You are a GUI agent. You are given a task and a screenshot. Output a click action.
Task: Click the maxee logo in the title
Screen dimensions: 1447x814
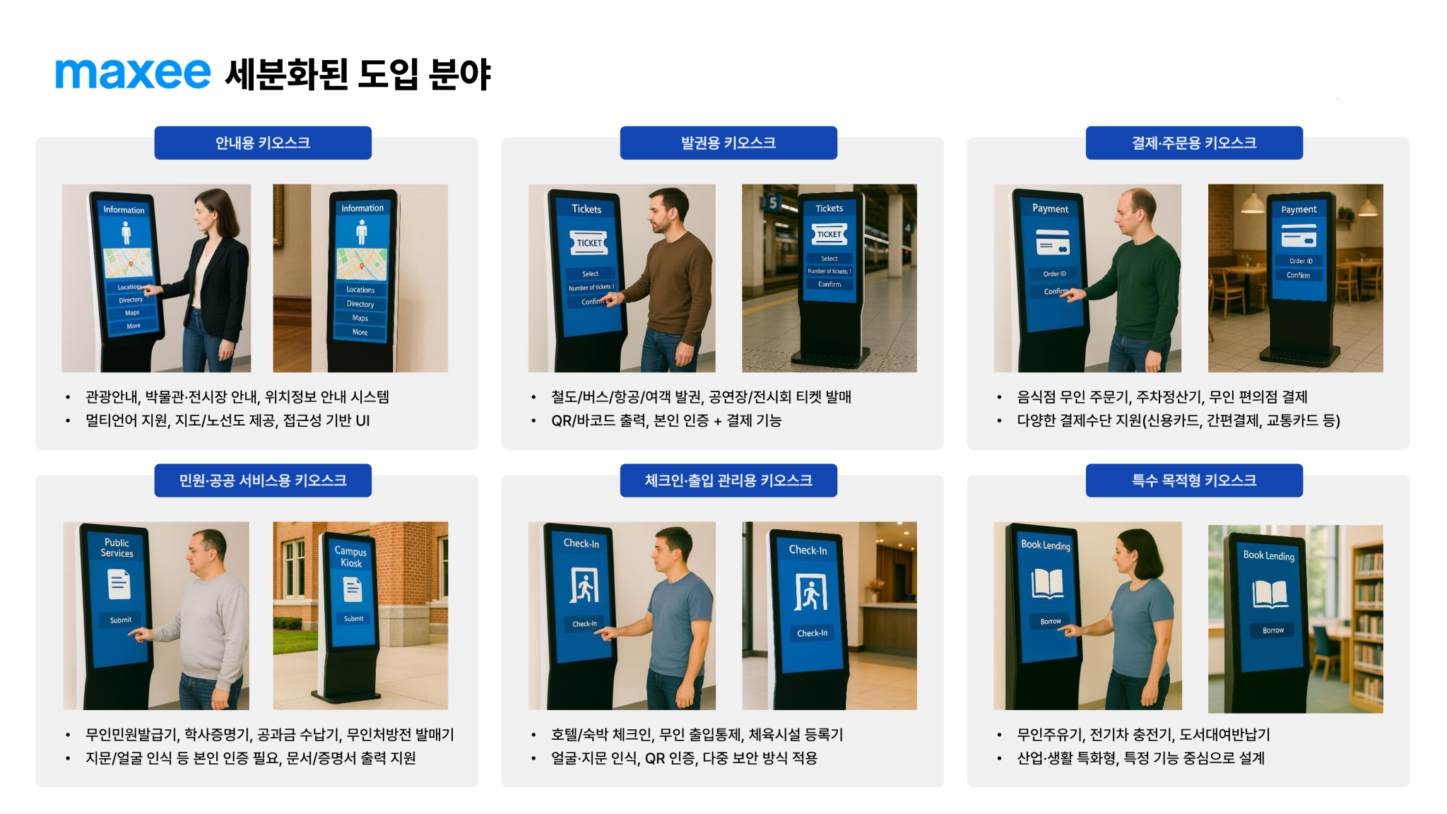133,73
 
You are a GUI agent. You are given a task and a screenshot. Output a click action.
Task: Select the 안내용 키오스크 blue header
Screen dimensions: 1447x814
263,143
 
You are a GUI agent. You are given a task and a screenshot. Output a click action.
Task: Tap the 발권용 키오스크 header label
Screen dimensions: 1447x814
728,143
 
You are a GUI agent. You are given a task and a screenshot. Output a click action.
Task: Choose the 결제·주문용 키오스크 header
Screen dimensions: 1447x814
1194,143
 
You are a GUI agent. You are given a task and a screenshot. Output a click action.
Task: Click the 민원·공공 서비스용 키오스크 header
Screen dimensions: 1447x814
263,480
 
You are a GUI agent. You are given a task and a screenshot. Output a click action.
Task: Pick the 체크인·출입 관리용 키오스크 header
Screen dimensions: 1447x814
728,480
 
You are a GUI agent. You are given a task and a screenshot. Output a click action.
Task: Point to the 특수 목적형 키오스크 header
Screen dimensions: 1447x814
1194,480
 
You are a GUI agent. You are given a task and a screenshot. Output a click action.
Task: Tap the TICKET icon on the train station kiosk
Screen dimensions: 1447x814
829,234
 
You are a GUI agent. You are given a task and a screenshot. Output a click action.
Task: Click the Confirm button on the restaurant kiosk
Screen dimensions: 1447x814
1298,276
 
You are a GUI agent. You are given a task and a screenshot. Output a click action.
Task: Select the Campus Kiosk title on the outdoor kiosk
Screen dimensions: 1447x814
350,557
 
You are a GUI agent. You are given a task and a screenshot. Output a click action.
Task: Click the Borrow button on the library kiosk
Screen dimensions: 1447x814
1273,630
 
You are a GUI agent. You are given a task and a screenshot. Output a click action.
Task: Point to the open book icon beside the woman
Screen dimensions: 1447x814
1047,584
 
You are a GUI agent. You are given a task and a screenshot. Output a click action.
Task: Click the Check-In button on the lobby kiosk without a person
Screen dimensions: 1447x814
812,633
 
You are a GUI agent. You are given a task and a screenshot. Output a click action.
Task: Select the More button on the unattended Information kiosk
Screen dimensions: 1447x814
360,332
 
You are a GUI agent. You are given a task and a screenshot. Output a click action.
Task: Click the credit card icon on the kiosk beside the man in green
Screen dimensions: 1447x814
1053,242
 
